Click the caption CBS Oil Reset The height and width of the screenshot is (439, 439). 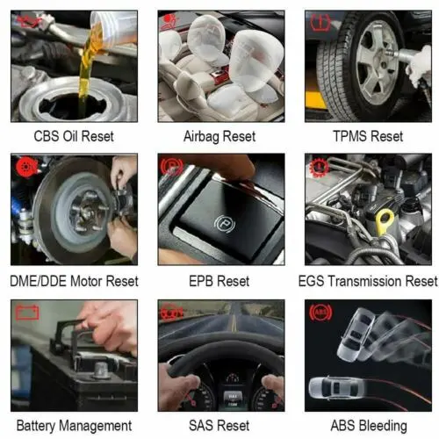pos(74,136)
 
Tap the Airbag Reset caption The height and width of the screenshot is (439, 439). pos(219,137)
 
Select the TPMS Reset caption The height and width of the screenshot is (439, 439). pos(368,136)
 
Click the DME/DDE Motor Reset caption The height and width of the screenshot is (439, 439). pos(74,281)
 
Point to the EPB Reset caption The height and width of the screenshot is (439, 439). pos(219,281)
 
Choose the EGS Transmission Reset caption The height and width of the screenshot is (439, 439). pos(368,281)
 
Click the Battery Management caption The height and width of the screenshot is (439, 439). pos(74,426)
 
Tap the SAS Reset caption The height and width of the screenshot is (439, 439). pos(219,426)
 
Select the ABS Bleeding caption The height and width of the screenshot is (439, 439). pos(369,426)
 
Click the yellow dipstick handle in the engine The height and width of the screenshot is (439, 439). pos(385,220)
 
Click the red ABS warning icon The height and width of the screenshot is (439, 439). pos(320,313)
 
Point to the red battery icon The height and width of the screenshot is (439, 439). pos(27,313)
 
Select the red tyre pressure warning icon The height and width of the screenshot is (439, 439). pos(320,23)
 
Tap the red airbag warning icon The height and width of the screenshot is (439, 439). pos(169,22)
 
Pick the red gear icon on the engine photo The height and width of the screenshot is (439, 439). pos(318,167)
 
